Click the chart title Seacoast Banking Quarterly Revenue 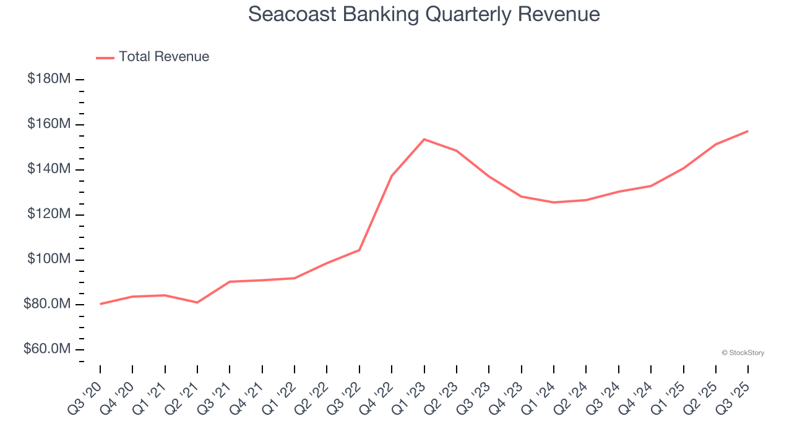pos(424,14)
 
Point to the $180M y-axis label pos(49,79)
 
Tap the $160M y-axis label pos(49,124)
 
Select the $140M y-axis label pos(49,169)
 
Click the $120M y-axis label pos(49,214)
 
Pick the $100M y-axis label pos(49,259)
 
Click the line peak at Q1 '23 pos(424,139)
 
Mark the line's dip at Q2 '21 pos(197,302)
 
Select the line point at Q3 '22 pos(359,250)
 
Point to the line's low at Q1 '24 pos(554,202)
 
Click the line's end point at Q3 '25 pos(747,131)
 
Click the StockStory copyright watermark pos(742,353)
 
